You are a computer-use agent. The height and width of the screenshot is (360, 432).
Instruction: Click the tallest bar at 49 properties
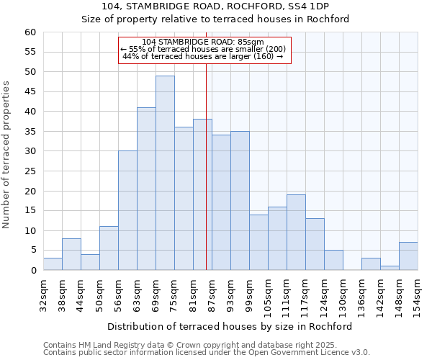coord(165,173)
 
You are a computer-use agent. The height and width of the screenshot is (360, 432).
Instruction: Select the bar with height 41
coord(146,189)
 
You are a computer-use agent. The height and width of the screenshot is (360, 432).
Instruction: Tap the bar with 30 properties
coord(127,210)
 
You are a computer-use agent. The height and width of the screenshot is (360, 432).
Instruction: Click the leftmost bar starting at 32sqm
coord(53,264)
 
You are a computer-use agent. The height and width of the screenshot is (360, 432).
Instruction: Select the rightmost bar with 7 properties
coord(408,256)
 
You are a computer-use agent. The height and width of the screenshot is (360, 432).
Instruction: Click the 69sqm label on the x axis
coord(156,295)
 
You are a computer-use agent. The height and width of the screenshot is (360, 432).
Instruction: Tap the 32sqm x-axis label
coord(44,295)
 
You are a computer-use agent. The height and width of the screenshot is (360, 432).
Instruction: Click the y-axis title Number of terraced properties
coord(7,155)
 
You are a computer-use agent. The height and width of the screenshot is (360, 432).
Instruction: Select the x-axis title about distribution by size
coord(230,326)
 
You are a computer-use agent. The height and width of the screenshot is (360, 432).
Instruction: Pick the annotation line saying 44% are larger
coord(203,56)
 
